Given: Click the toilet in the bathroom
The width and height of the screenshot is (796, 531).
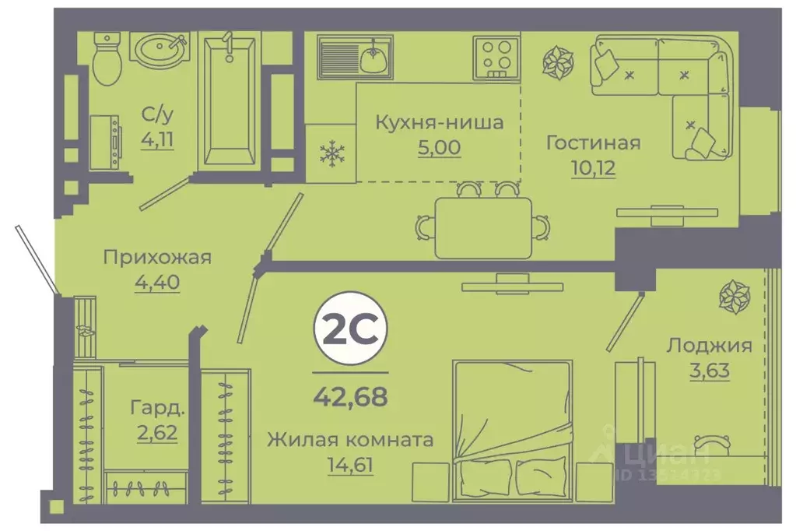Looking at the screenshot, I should [107, 61].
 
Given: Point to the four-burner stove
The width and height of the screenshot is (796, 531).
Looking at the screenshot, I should [496, 57].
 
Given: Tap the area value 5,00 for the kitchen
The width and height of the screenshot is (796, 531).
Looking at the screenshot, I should [439, 147].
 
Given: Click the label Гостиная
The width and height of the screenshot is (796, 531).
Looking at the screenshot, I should [593, 142].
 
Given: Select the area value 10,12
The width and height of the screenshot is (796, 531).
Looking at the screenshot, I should [592, 167].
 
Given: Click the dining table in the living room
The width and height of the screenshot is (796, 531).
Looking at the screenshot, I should [483, 227].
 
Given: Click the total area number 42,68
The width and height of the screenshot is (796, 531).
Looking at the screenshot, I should [349, 397].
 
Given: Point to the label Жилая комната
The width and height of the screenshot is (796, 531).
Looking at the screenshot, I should [349, 440].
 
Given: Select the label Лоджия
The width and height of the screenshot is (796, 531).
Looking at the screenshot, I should [709, 346].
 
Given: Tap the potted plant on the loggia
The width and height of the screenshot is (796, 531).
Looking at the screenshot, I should [733, 297].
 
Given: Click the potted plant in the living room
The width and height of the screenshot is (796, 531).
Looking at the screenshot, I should [559, 65].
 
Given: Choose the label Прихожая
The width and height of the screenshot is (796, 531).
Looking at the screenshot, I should [158, 258].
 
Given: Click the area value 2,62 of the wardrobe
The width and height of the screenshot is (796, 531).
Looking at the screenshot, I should [157, 431].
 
